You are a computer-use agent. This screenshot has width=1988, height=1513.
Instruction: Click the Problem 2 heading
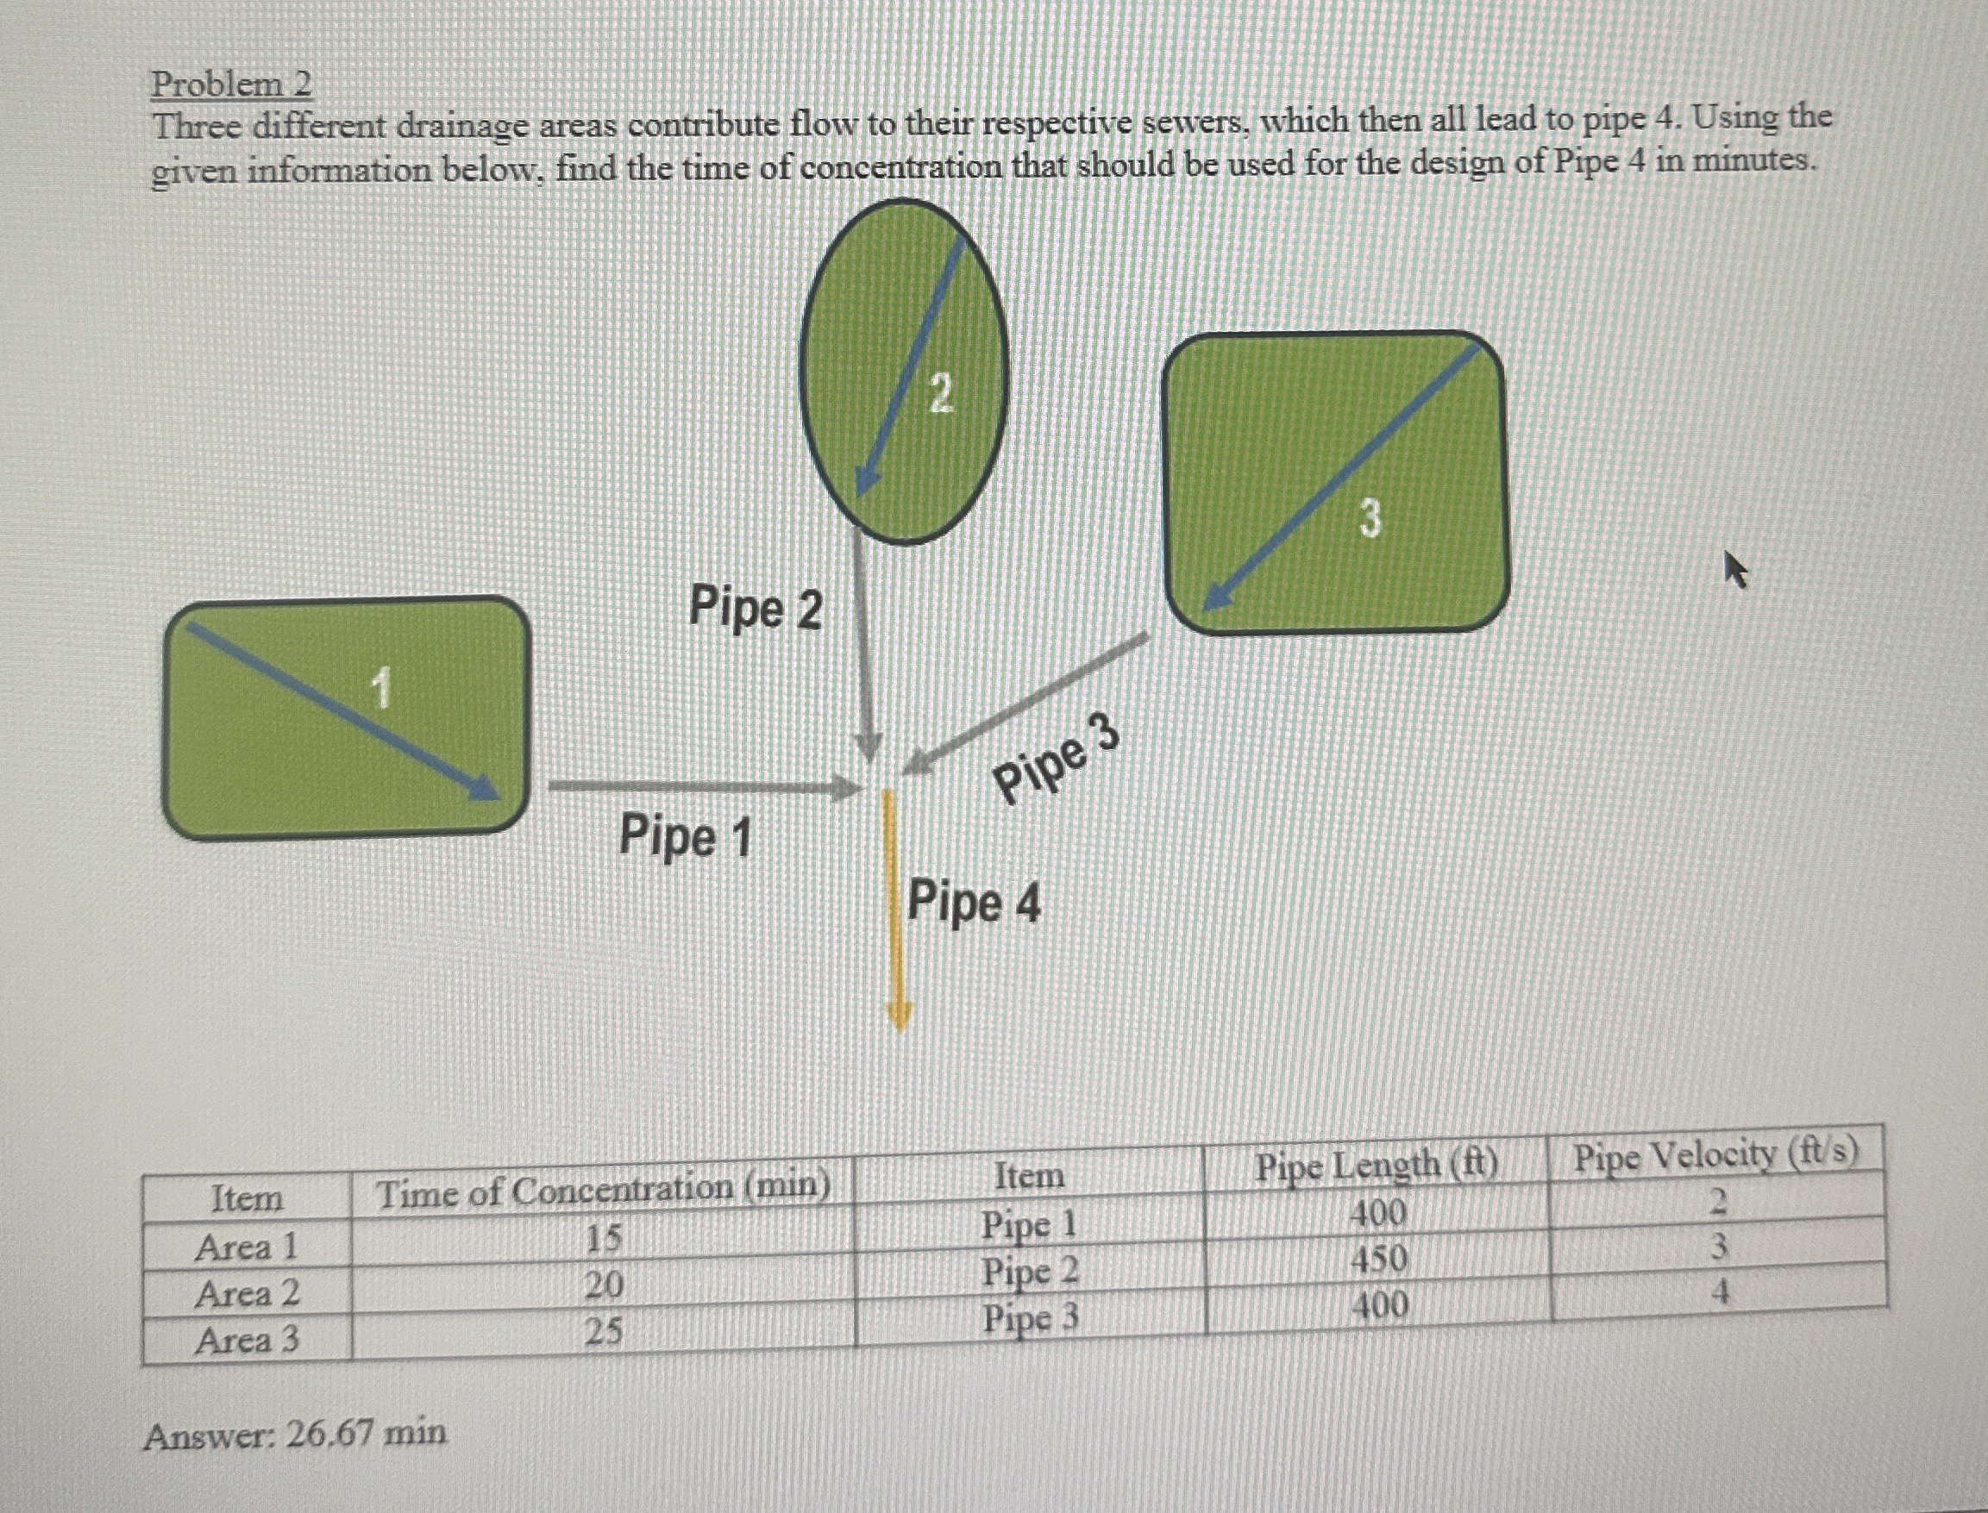(231, 85)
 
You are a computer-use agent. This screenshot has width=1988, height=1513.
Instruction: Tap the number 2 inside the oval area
(940, 395)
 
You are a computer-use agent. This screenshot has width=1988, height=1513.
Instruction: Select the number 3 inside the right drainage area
(1369, 519)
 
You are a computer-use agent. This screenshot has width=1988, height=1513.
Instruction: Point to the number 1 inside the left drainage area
(382, 689)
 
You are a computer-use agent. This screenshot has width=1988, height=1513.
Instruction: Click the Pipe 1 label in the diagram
(685, 835)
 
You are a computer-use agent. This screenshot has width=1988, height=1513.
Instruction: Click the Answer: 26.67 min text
(295, 1434)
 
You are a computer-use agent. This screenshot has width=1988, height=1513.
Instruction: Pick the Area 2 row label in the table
(246, 1294)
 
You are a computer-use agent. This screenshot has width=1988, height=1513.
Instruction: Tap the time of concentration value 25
(603, 1331)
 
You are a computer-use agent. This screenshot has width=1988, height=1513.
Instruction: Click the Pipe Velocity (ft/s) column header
(1715, 1155)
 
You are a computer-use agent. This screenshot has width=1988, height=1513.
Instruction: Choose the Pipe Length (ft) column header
(1377, 1166)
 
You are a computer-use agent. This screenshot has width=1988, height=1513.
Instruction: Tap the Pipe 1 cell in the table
(1029, 1225)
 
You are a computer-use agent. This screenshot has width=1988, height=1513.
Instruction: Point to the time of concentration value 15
(603, 1240)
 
